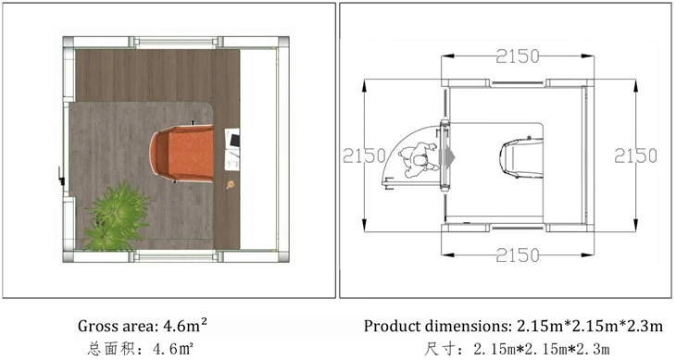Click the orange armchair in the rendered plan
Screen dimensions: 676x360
(x=182, y=153)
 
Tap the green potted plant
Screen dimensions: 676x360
(x=117, y=217)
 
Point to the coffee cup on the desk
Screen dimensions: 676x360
(x=231, y=185)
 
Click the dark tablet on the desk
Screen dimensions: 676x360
(x=235, y=140)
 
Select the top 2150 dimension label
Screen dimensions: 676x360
(x=518, y=56)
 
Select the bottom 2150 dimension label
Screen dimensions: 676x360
(x=518, y=255)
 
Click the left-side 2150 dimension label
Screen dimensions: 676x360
(x=364, y=155)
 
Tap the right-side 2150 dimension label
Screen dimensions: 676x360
(x=635, y=155)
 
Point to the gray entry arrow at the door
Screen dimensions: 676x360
(x=447, y=157)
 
